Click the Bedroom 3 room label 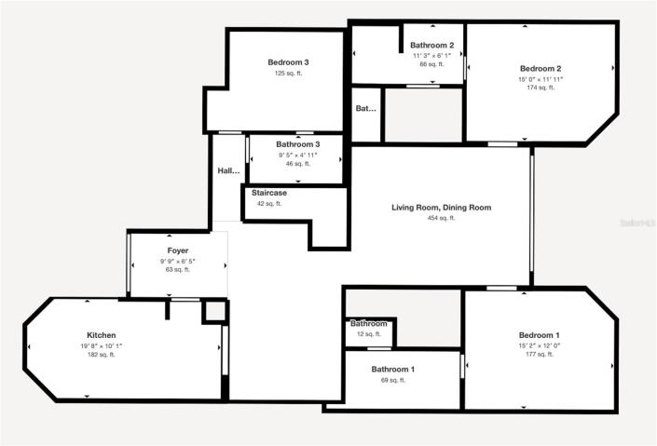click(x=288, y=62)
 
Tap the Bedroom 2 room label click(x=540, y=68)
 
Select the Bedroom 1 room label click(x=540, y=334)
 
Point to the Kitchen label click(x=101, y=335)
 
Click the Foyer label click(x=178, y=251)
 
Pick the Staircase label click(x=268, y=193)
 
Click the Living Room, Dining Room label click(x=441, y=208)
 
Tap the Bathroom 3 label click(x=297, y=144)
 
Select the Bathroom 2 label click(x=432, y=46)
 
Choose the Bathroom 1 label click(x=393, y=370)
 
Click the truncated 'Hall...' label click(x=229, y=171)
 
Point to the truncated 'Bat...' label click(x=366, y=109)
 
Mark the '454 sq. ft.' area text click(x=441, y=218)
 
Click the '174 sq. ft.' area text click(x=540, y=88)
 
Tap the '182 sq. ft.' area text click(x=101, y=355)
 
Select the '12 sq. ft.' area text click(x=369, y=333)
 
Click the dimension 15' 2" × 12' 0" click(x=540, y=345)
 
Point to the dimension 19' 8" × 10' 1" click(x=101, y=345)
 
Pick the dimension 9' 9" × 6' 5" click(x=178, y=262)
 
